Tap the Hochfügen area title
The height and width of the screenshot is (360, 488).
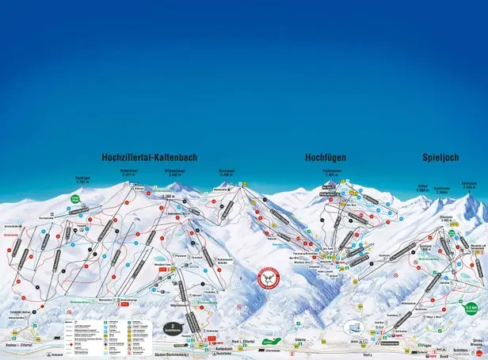(x=325, y=158)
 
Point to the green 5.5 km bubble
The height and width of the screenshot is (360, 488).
(x=472, y=307)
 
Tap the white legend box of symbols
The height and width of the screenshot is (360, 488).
(x=107, y=324)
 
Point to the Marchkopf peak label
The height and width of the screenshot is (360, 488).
(x=226, y=171)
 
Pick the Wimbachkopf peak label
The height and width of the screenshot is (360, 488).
(x=174, y=171)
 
